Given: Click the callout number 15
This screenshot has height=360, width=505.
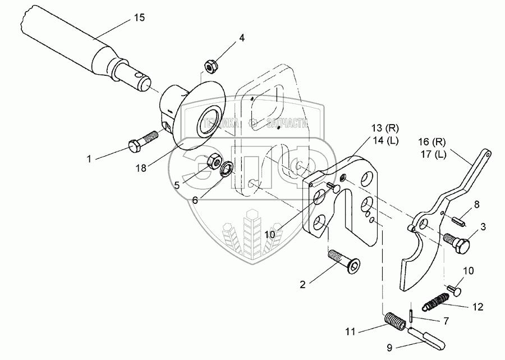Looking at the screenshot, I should click(x=138, y=18).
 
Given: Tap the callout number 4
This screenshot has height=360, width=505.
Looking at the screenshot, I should click(x=241, y=38).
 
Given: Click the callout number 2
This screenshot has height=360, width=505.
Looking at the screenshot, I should click(x=302, y=284).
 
